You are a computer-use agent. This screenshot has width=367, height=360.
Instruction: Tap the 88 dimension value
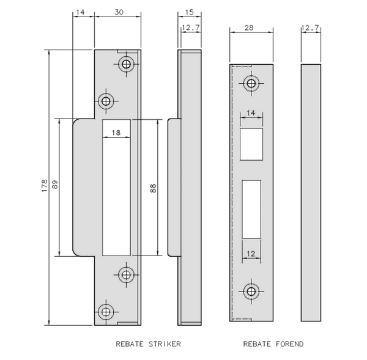[152, 188]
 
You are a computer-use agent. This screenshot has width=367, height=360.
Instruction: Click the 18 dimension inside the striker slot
[116, 132]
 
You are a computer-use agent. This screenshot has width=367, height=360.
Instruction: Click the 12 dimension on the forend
[251, 253]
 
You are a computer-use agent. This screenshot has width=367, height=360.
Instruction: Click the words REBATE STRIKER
[148, 344]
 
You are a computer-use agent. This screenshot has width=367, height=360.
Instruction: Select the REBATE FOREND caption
[273, 344]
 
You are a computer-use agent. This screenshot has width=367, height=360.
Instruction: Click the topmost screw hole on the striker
[127, 64]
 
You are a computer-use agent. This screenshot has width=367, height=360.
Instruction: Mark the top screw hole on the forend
[251, 83]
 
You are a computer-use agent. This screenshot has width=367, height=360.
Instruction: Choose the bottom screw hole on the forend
[251, 291]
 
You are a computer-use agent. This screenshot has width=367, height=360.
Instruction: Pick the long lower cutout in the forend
[251, 208]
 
